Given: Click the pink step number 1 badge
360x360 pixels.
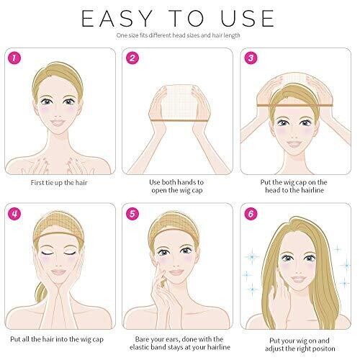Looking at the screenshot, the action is coord(14,58).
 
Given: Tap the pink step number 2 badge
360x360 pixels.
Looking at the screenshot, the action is coord(132,58).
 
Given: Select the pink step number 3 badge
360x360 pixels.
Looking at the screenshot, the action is coord(251,58).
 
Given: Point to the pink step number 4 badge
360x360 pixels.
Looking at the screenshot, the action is coord(14,213).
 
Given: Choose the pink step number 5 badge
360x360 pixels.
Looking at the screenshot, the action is coord(132,213).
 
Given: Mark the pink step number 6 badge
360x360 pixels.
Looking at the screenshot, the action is coord(251,213).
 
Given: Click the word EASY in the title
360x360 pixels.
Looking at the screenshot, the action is coord(117,19).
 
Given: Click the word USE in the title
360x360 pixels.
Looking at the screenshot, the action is coord(248,19).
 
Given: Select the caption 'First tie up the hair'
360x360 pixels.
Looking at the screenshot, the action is coord(59,183).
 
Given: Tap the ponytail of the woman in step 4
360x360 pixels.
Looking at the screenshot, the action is coord(42,292).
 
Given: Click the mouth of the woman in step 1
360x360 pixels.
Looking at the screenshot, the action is coord(58,122).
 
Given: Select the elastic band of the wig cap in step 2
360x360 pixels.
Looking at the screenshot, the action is coord(179,120).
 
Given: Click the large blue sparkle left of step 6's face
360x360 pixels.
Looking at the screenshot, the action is coord(252,257).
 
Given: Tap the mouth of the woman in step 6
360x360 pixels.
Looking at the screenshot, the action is coord(298,279).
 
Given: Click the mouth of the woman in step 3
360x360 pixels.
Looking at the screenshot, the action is coord(294,143).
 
